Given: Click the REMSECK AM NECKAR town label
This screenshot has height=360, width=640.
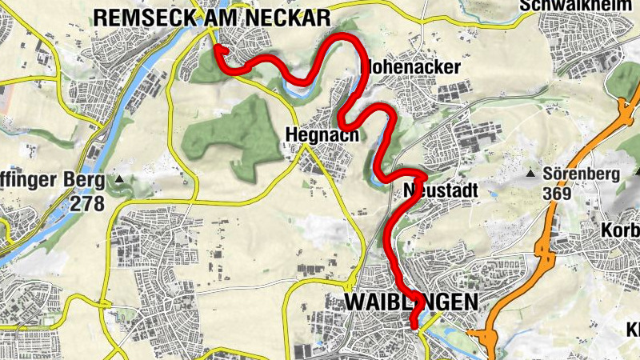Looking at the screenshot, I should [x=211, y=16].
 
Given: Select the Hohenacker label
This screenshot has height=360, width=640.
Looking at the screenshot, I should [x=413, y=66].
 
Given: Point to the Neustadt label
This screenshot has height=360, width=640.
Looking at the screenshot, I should [x=441, y=191].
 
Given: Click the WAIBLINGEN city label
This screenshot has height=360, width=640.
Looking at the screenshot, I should [x=410, y=301].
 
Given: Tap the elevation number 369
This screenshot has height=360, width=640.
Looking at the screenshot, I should [x=556, y=193].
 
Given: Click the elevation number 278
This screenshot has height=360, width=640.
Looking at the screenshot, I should [x=87, y=203].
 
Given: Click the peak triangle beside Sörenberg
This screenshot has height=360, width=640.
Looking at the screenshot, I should [x=530, y=173].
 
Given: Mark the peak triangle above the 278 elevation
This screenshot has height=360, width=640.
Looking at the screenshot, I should [x=119, y=179].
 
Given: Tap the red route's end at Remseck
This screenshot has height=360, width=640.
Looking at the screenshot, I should [x=218, y=48].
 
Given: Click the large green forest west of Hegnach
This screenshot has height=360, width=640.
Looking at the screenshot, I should [x=228, y=136].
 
